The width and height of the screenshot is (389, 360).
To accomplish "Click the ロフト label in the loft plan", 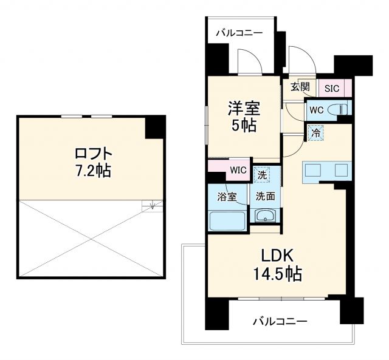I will (x=91, y=152).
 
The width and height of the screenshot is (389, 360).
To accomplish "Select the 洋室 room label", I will (x=244, y=109).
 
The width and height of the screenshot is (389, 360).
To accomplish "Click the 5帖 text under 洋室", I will (x=244, y=126).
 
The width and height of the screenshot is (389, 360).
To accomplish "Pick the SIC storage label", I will (x=331, y=88).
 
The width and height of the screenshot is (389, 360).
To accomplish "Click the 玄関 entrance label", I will (x=299, y=87).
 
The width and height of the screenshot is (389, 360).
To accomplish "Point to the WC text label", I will (x=316, y=110).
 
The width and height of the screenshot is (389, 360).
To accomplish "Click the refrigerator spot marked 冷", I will (x=316, y=132).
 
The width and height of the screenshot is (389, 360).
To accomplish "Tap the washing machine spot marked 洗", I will (x=261, y=174).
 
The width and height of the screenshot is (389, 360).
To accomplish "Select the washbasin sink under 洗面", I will (x=265, y=216).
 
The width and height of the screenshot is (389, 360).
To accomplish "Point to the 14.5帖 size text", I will (x=277, y=274).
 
